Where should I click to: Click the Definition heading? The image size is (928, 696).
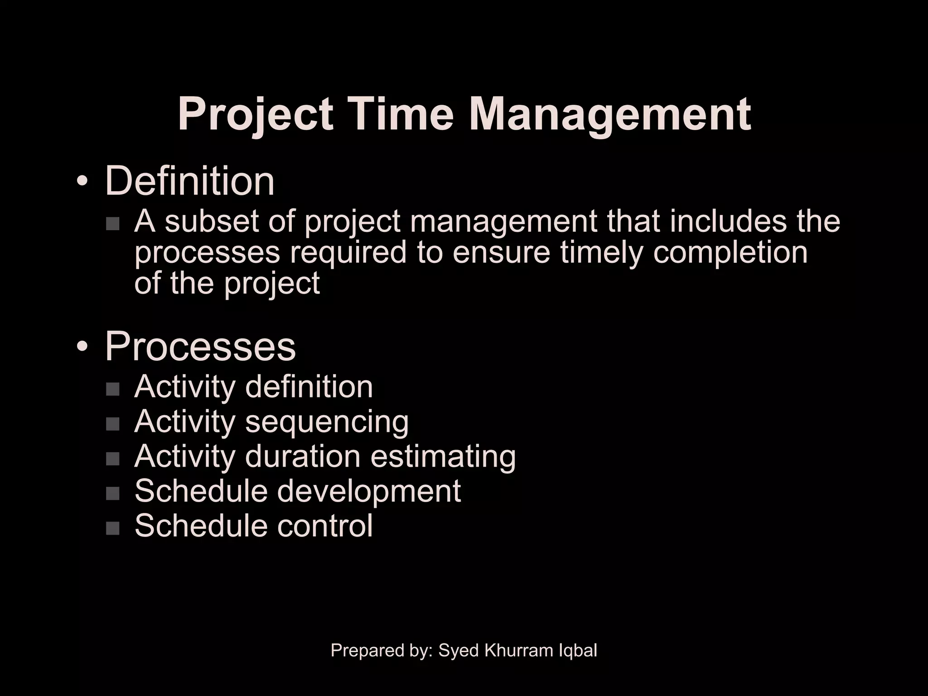pos(189,181)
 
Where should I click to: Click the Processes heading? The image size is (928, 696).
pos(200,347)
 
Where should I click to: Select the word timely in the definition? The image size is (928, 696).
pos(602,253)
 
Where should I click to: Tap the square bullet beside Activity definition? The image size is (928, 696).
pos(112,389)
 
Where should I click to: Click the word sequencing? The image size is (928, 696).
pos(327,423)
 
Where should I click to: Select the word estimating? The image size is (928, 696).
pos(443,456)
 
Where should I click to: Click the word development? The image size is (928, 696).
pos(368,492)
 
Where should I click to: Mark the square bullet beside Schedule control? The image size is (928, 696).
pos(112,528)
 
